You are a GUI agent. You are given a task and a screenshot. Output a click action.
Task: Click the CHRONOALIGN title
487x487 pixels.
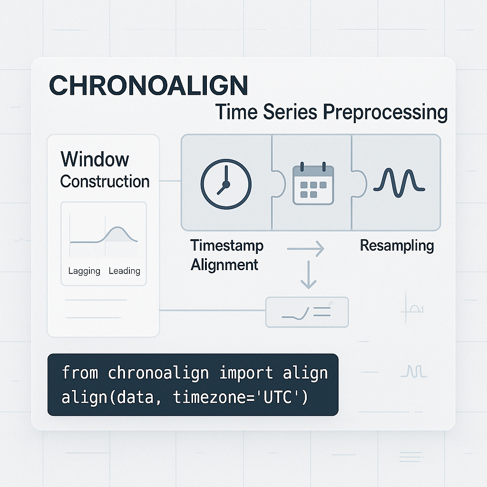[x=148, y=86]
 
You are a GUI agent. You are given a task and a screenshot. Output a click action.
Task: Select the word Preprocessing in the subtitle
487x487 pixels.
[x=385, y=112]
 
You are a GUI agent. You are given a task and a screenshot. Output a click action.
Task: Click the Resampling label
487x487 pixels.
[x=397, y=245]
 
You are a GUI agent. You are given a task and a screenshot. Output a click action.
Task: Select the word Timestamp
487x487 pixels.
[x=226, y=245]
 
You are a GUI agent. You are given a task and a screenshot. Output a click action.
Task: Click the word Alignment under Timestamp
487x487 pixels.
[x=224, y=264]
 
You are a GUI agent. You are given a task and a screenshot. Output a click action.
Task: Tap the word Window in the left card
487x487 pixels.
[x=95, y=159]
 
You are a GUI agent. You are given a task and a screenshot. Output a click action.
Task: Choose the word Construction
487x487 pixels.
[x=105, y=181]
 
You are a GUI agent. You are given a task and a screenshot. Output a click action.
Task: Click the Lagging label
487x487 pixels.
[x=84, y=271]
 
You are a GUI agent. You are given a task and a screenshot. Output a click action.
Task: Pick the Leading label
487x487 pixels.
[x=124, y=271]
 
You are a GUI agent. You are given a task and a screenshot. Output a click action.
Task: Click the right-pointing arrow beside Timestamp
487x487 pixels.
[x=305, y=248]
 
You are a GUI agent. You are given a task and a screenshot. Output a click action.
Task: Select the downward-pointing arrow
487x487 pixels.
[x=309, y=275]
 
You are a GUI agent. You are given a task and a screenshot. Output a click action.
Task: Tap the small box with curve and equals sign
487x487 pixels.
[x=307, y=312]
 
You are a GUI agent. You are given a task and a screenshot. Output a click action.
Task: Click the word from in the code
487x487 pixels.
[x=80, y=373]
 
